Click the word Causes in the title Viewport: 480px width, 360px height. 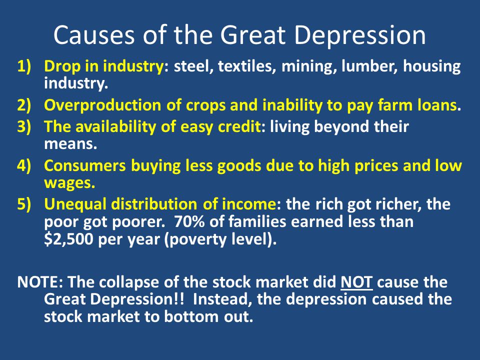pyautogui.click(x=94, y=35)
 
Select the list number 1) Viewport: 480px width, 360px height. pyautogui.click(x=24, y=66)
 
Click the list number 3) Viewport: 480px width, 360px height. pyautogui.click(x=24, y=126)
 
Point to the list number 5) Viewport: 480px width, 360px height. pyautogui.click(x=24, y=204)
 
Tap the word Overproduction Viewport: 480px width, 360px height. pyautogui.click(x=102, y=105)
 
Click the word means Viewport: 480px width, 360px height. pyautogui.click(x=70, y=144)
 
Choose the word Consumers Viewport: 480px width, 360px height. pyautogui.click(x=85, y=165)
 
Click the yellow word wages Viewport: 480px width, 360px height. pyautogui.click(x=69, y=183)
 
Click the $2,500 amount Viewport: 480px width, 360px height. pyautogui.click(x=68, y=239)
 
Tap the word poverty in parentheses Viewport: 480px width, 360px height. pyautogui.click(x=196, y=239)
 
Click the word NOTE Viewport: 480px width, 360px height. pyautogui.click(x=40, y=282)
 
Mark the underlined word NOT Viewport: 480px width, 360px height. pyautogui.click(x=356, y=282)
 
